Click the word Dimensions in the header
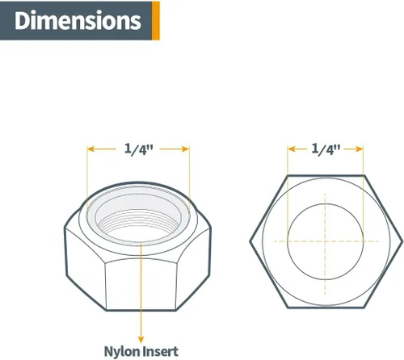point(78,20)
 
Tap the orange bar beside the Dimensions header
point(156,20)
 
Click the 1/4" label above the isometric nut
point(138,149)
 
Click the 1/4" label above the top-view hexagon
point(326,149)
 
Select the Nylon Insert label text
point(141,351)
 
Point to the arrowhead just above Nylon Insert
point(141,340)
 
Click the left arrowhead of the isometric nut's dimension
point(90,149)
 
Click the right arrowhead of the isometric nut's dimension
point(186,149)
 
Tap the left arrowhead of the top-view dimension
point(292,149)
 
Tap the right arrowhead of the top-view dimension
point(360,149)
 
